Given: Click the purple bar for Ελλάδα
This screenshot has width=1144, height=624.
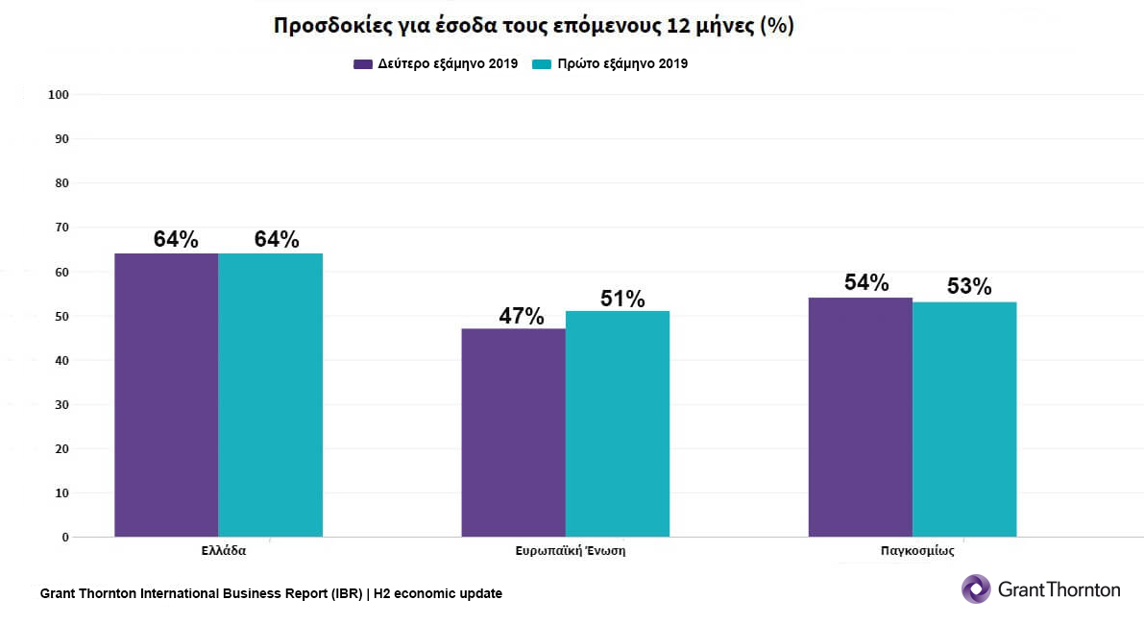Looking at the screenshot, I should point(166,395).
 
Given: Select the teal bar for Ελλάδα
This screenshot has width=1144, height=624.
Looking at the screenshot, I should point(270,395).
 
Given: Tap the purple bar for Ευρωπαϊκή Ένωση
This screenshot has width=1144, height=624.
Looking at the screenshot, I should point(513,432).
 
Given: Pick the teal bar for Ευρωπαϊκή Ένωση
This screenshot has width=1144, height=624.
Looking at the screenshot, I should point(617,423).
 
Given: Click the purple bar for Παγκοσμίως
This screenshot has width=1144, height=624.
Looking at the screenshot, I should point(860,417).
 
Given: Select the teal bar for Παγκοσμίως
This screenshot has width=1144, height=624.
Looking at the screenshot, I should point(963,419).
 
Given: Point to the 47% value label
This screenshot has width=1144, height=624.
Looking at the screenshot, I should point(521,316).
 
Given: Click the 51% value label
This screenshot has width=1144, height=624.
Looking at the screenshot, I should point(622,299).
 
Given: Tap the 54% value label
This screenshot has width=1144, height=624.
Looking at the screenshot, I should point(866,282).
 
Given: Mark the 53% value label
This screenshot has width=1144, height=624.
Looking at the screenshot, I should point(968,286).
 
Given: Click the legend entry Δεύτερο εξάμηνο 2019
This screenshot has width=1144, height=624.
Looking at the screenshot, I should point(435,64).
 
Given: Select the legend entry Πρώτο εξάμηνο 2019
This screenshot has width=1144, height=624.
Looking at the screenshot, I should point(610,64).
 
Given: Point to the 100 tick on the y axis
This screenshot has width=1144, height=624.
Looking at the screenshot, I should point(59,94).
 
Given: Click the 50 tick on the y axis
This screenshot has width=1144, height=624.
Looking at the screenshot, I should point(61,316).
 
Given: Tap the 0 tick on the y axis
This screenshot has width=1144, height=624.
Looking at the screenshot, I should point(65,538).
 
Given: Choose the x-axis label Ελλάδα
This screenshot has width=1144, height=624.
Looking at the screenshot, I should point(224,552).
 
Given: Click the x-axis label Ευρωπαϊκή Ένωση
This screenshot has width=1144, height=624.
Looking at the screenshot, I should point(571,552).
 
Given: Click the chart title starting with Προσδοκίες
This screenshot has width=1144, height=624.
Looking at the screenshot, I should point(533,26).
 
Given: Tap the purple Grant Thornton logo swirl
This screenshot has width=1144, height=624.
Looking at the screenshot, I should point(976,588).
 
